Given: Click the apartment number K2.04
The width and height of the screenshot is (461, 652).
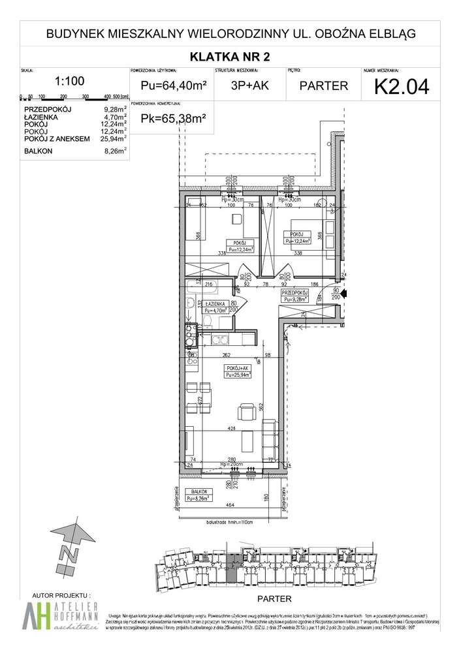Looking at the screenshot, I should point(400,85).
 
